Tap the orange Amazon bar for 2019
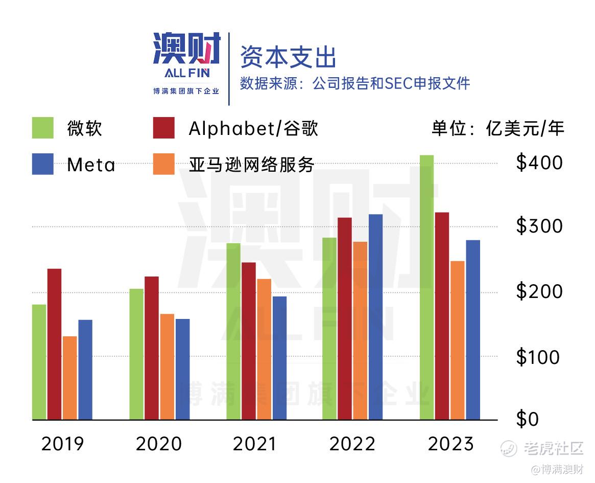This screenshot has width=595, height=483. [x=70, y=378]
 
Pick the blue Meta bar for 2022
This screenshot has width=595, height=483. [x=375, y=317]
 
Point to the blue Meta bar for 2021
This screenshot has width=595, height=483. [x=279, y=358]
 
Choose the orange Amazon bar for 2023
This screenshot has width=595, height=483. [x=458, y=340]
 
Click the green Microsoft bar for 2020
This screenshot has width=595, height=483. [x=136, y=354]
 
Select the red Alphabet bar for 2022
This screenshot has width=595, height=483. [x=345, y=318]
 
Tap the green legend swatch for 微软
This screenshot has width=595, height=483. [x=43, y=128]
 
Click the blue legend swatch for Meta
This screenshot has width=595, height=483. [x=43, y=164]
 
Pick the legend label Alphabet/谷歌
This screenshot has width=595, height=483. [x=253, y=128]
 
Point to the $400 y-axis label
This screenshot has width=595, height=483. [x=539, y=163]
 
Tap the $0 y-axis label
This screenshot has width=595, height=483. [x=528, y=420]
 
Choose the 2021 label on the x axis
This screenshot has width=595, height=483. [x=254, y=444]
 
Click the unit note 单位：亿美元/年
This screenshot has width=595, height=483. [x=498, y=128]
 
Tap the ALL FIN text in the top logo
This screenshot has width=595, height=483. [x=187, y=73]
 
